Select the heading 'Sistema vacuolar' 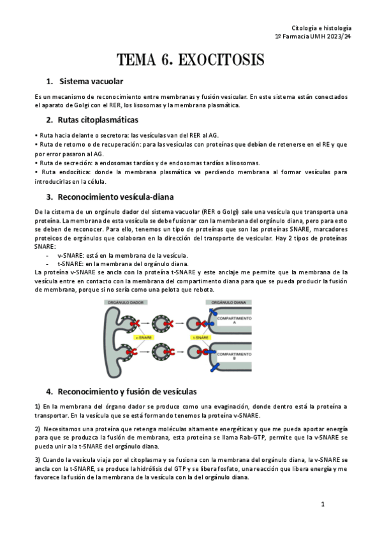click(x=91, y=82)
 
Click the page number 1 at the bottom click(x=323, y=504)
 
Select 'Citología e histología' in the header click(x=321, y=29)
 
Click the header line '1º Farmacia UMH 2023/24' click(x=312, y=38)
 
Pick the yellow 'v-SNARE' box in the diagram click(x=141, y=337)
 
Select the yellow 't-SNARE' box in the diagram click(x=202, y=337)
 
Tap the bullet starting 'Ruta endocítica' click(x=191, y=172)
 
